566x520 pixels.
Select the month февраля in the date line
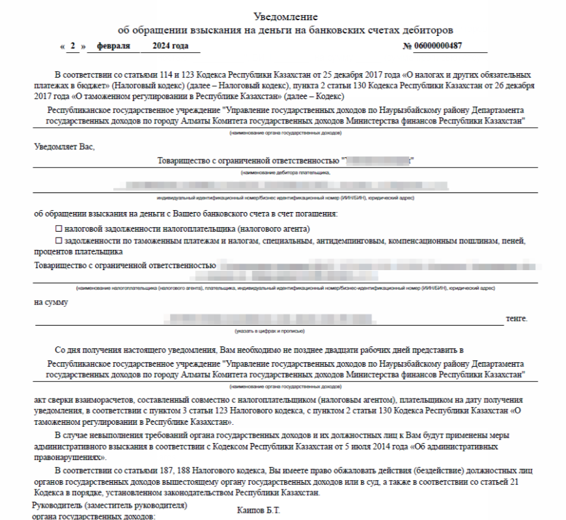[113, 46]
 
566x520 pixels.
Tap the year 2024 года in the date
[170, 46]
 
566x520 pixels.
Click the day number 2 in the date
[74, 46]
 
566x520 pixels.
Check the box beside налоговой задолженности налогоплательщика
[59, 229]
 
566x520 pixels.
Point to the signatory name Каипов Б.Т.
[259, 510]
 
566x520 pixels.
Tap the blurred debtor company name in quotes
[378, 161]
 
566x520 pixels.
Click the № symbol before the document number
[408, 46]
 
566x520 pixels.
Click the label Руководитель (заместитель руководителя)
[110, 506]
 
